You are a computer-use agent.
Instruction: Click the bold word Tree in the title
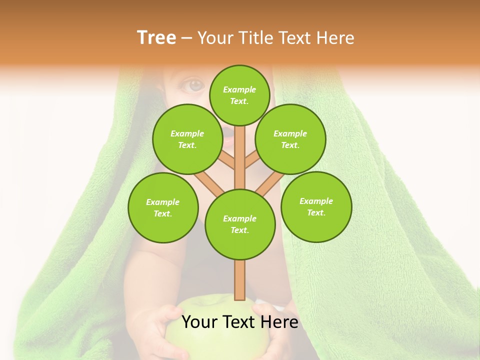coord(156,38)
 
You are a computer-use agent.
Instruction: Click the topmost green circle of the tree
coord(239,95)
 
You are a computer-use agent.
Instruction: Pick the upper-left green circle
coord(187,139)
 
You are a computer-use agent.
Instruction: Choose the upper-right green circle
coord(290,139)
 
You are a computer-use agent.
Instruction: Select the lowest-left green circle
coord(163,207)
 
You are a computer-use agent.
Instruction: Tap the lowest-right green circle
coord(316,206)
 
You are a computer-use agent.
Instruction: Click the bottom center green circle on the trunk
coord(239,224)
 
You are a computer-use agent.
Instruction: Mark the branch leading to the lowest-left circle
coord(209,183)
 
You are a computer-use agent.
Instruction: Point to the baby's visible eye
coord(195,85)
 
